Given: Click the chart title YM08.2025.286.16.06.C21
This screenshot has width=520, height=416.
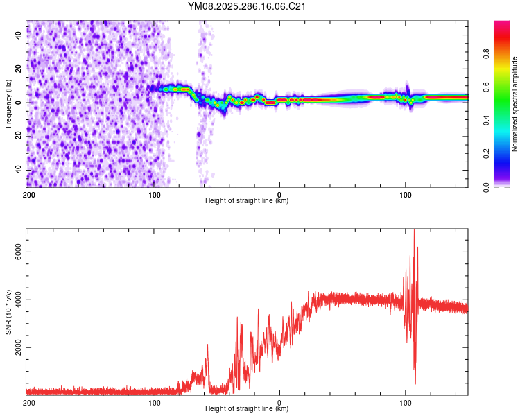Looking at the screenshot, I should pyautogui.click(x=247, y=7).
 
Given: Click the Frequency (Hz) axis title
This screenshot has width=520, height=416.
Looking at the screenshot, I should pyautogui.click(x=8, y=104).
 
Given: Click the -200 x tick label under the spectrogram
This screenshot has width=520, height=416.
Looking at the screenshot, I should pyautogui.click(x=27, y=195).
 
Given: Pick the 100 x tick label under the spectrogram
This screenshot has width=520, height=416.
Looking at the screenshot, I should pyautogui.click(x=406, y=195).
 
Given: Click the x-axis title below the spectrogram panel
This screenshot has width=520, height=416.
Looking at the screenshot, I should pyautogui.click(x=247, y=201).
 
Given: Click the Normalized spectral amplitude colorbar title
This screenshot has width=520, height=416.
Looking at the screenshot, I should pyautogui.click(x=514, y=104).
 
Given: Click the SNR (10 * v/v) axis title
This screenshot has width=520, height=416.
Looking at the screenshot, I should pyautogui.click(x=8, y=312).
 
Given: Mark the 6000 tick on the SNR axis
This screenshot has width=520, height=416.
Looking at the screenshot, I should pyautogui.click(x=15, y=252).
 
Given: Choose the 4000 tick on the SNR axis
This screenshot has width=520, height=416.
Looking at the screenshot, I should pyautogui.click(x=15, y=300).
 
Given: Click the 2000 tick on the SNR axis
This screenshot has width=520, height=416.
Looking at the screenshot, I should pyautogui.click(x=15, y=347).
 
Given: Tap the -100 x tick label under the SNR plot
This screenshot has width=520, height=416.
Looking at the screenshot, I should pyautogui.click(x=153, y=403).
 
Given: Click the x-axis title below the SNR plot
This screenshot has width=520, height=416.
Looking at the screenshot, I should pyautogui.click(x=247, y=409).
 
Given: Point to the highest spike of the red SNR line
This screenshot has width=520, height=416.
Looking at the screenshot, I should pyautogui.click(x=414, y=231).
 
